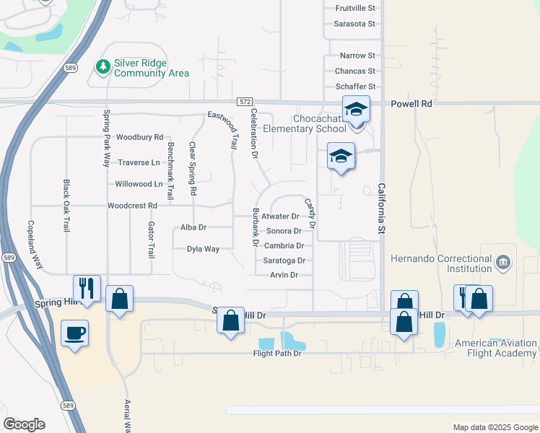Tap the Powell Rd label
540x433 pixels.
click(x=411, y=104)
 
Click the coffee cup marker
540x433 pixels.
click(x=74, y=333)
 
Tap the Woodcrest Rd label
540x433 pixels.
click(x=132, y=206)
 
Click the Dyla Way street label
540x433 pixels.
click(x=203, y=249)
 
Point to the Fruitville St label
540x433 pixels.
click(x=356, y=9)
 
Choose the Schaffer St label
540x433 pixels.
click(x=356, y=86)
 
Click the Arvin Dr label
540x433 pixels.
click(x=284, y=275)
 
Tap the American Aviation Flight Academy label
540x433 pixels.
click(x=496, y=348)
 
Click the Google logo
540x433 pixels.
click(x=24, y=424)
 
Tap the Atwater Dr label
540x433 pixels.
click(x=280, y=216)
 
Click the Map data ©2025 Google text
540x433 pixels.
click(x=495, y=427)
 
